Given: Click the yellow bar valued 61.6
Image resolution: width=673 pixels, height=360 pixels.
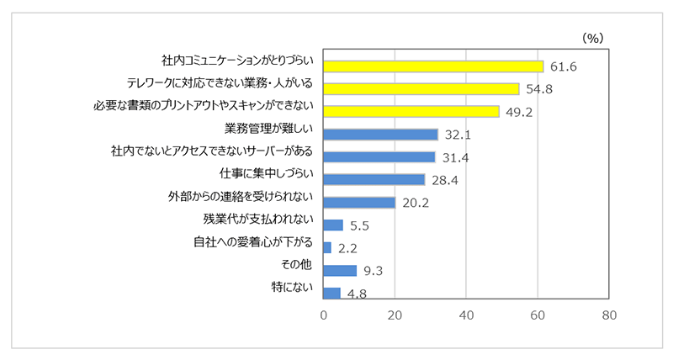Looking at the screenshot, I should pyautogui.click(x=433, y=66).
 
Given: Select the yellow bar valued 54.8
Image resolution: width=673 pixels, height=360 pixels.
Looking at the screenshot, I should pyautogui.click(x=421, y=88).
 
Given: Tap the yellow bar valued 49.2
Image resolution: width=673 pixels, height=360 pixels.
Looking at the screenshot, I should pyautogui.click(x=411, y=111).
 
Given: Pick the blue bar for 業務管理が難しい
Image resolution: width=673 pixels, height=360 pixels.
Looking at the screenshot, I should pyautogui.click(x=380, y=134).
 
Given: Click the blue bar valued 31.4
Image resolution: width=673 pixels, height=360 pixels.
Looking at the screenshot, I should pyautogui.click(x=379, y=156).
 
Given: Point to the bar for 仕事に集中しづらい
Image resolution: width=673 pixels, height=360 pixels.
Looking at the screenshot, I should pyautogui.click(x=374, y=179).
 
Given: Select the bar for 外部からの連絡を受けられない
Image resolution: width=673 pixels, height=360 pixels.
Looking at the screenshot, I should pyautogui.click(x=359, y=202).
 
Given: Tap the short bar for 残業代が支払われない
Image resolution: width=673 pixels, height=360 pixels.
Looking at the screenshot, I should pyautogui.click(x=333, y=225).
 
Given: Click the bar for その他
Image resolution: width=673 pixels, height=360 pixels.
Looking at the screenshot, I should pyautogui.click(x=340, y=270).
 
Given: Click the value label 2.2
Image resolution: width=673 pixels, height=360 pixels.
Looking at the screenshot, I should pyautogui.click(x=347, y=247).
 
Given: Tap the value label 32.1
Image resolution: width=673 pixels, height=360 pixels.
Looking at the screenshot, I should pyautogui.click(x=457, y=134).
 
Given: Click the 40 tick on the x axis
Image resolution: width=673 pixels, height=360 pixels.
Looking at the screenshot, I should pyautogui.click(x=466, y=315).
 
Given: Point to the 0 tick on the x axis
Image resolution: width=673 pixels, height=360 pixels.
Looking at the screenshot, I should pyautogui.click(x=324, y=315).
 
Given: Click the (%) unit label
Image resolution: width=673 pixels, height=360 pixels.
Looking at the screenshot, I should pyautogui.click(x=593, y=38).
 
